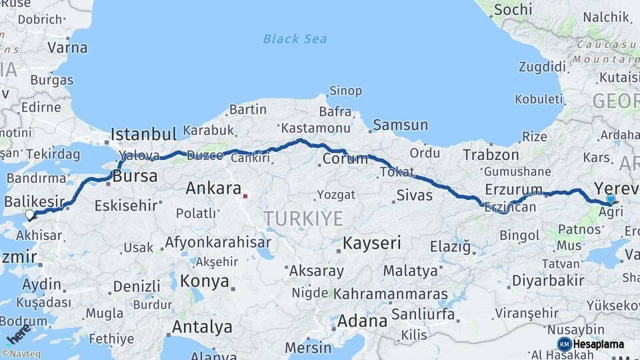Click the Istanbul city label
point(143,133)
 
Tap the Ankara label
point(213,188)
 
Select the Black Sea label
point(295,39)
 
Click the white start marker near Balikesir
point(29,215)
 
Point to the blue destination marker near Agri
point(611,199)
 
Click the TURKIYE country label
point(303,218)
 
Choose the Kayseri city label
point(372,243)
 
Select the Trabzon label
point(491,155)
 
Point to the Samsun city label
point(400,125)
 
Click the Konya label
point(204,280)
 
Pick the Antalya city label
point(202,327)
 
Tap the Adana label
point(362,321)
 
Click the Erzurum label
point(513,189)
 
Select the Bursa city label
point(135,177)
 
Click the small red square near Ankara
point(245,196)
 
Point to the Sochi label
point(513,9)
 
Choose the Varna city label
point(67,47)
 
